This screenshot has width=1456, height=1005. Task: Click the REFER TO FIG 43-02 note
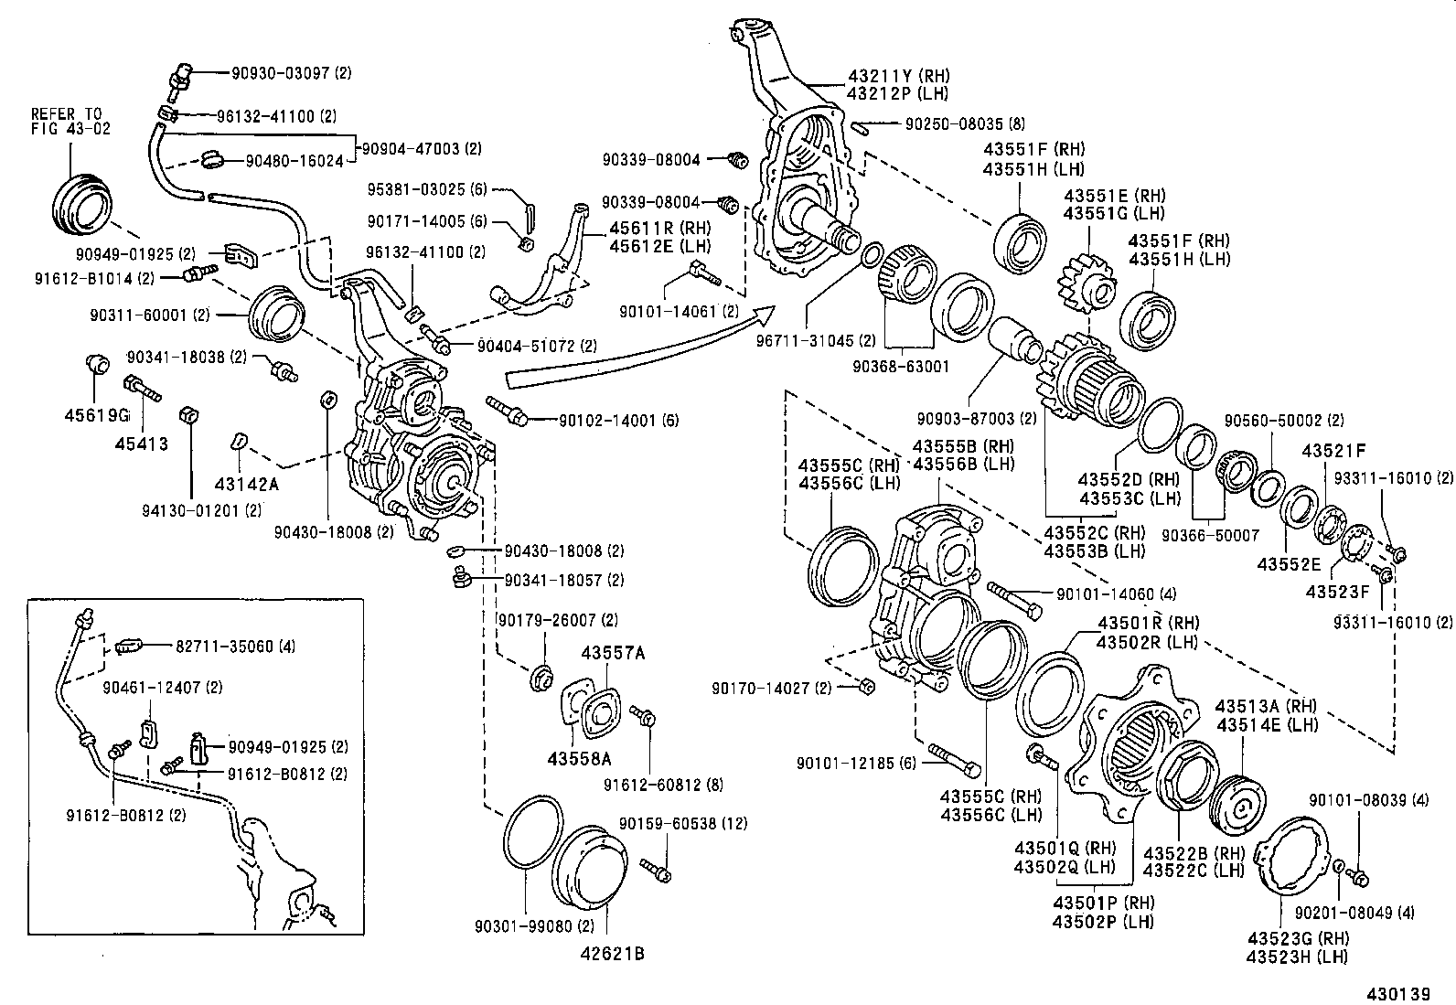70,121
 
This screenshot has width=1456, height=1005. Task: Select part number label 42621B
611,954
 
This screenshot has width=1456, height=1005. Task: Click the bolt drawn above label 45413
141,388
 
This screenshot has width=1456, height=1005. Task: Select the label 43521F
1333,450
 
